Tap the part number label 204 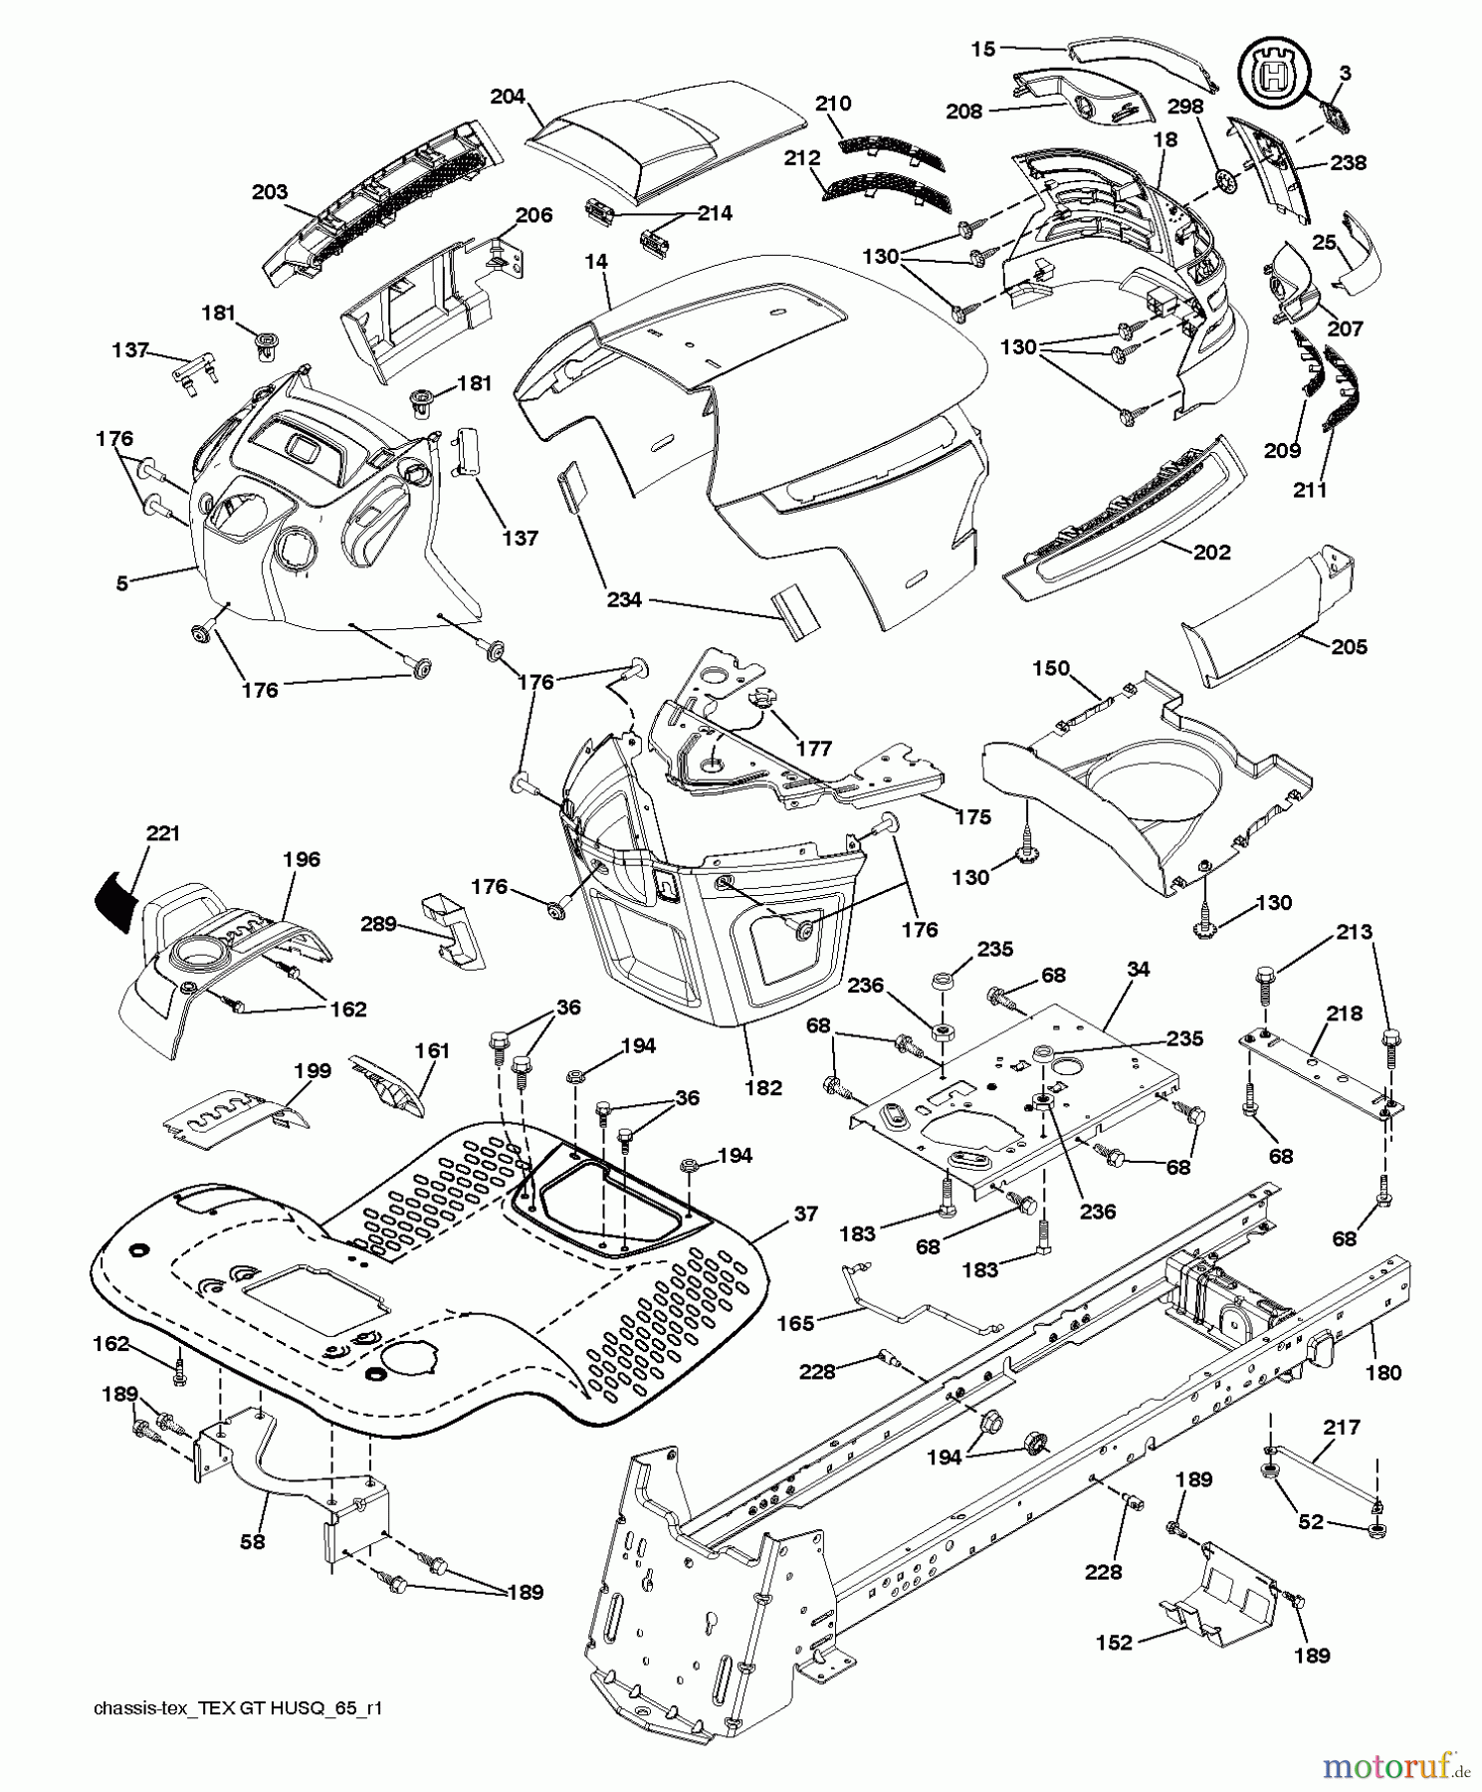[508, 97]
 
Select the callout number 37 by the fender [806, 1214]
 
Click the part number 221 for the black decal [163, 833]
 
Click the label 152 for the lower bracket [1114, 1642]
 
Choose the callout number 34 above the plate [1139, 969]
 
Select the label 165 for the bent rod [795, 1323]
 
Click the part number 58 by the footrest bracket [254, 1541]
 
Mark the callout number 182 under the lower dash [763, 1088]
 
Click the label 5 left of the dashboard [121, 583]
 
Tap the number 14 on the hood [595, 262]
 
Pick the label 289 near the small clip [378, 924]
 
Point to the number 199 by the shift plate [313, 1072]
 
